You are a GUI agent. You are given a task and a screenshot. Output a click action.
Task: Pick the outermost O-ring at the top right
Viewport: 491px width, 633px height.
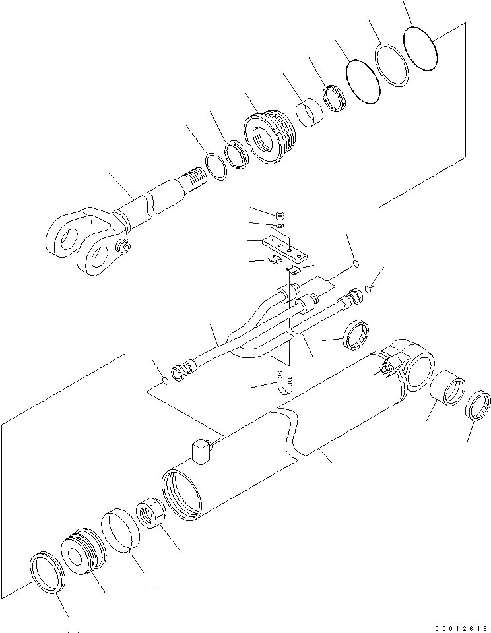[x=421, y=47]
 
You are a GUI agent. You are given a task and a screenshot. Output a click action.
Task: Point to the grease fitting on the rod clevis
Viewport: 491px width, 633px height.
[x=123, y=247]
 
